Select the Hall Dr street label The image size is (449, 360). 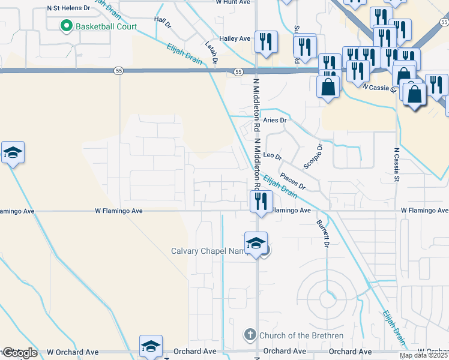[161, 23]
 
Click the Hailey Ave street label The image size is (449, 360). [235, 38]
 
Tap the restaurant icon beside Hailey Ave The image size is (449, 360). [265, 42]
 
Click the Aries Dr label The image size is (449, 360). [276, 121]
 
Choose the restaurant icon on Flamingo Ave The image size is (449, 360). [261, 201]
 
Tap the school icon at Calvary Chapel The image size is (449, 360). [256, 243]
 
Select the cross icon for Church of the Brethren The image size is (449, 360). [250, 334]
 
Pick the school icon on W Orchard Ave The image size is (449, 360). [151, 346]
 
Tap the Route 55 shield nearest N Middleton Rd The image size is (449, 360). [238, 71]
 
